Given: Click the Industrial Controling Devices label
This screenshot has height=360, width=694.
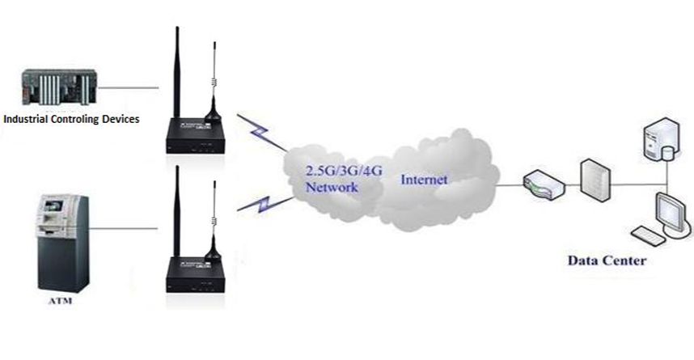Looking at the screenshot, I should click(x=72, y=119).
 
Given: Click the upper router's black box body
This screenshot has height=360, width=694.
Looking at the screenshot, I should click(x=193, y=137).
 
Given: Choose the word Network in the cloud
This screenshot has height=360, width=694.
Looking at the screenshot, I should click(x=331, y=188).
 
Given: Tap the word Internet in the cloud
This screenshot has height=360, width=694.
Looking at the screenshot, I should click(x=423, y=179).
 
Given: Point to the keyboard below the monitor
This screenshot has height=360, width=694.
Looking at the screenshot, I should click(x=646, y=236).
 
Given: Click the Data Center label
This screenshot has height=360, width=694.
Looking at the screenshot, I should click(x=607, y=260).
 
